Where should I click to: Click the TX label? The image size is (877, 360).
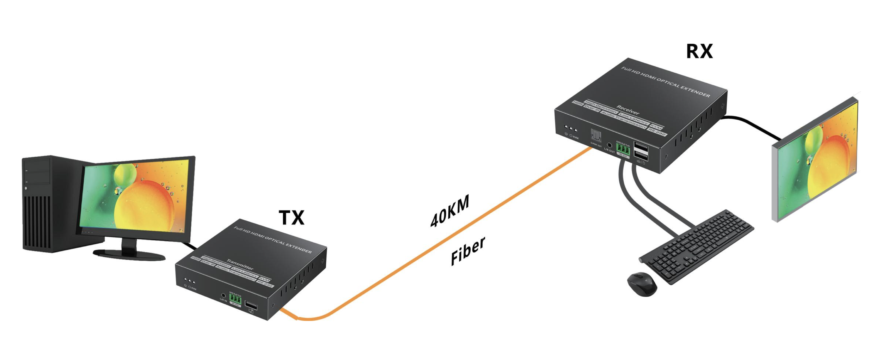(x=291, y=218)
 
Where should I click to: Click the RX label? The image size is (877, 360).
(x=699, y=52)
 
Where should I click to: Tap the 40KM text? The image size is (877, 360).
(x=450, y=211)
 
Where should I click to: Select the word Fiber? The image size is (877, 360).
(x=468, y=251)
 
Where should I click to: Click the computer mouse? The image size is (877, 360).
(x=642, y=284)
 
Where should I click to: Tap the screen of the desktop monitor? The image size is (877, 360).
(x=136, y=196)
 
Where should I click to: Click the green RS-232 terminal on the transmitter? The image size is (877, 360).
(x=235, y=299)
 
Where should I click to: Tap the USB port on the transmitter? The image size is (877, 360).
(x=251, y=305)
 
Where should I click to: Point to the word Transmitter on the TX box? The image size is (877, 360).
(x=240, y=264)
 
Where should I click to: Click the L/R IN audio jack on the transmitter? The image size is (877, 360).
(x=223, y=295)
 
